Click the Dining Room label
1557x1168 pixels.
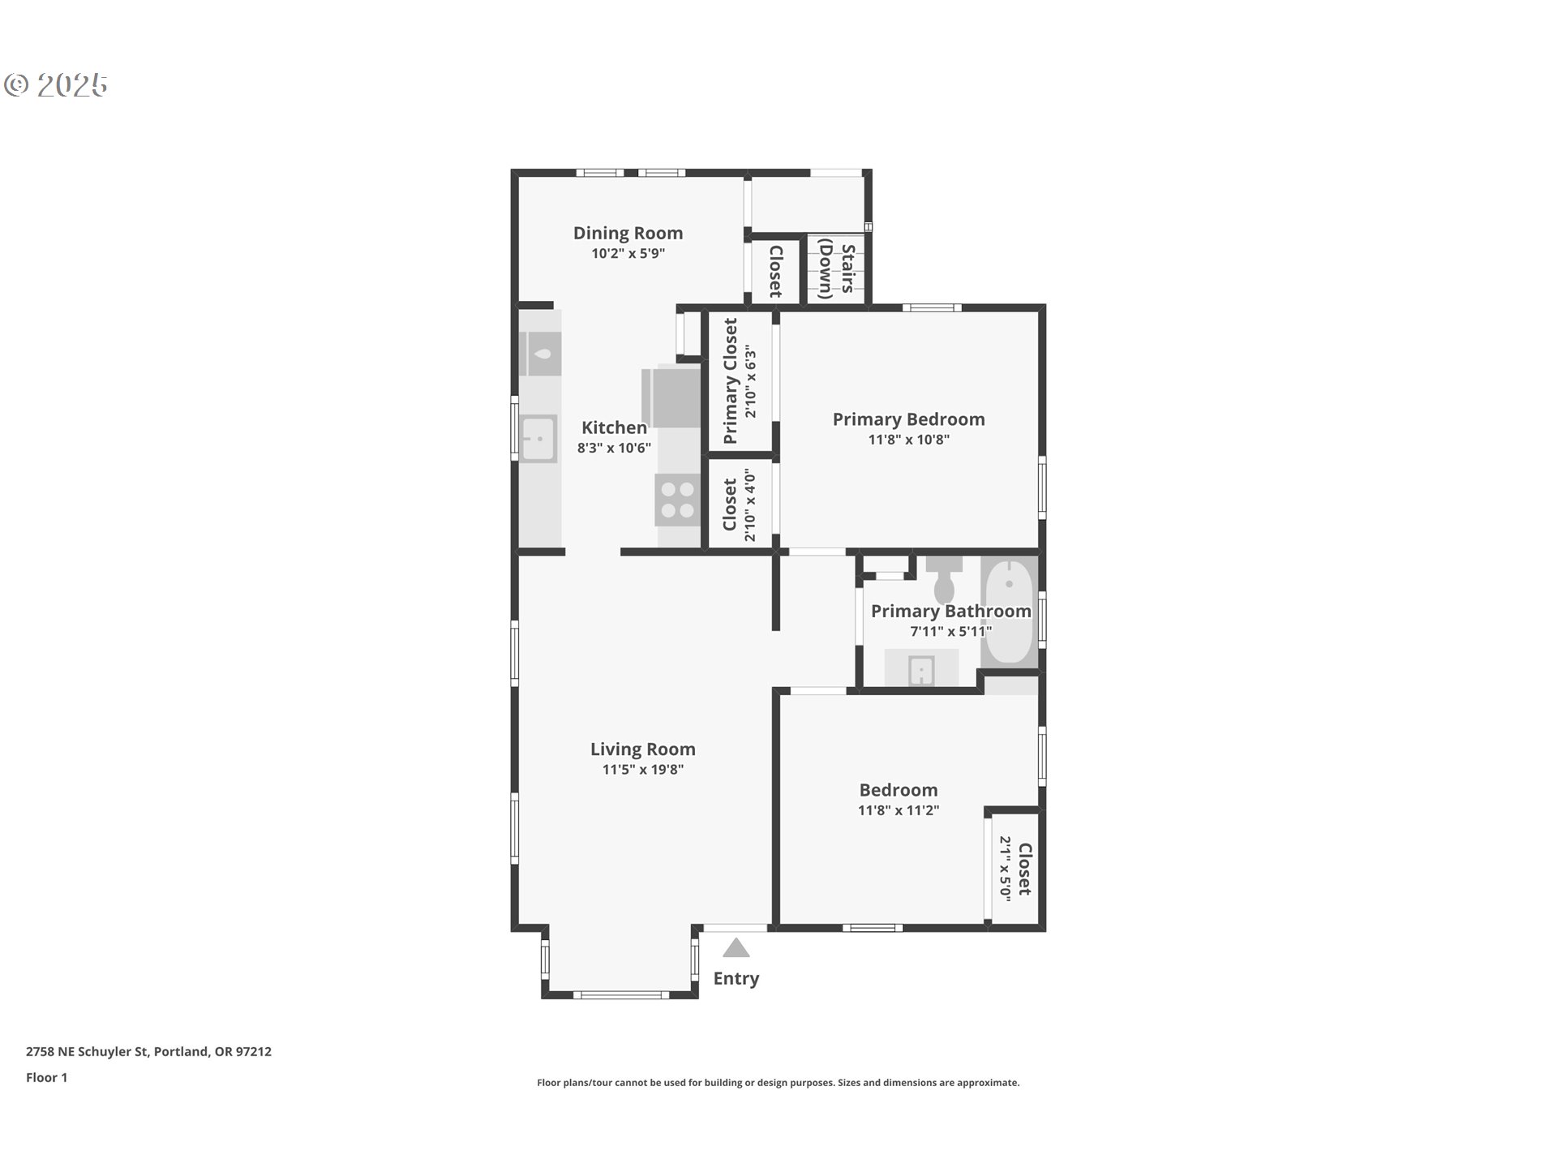(628, 234)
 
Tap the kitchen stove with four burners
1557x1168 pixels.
(678, 500)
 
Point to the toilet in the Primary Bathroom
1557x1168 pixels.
(944, 578)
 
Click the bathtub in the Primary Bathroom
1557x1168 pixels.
(1010, 612)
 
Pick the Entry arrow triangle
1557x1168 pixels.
(736, 947)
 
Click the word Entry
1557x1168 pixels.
(736, 979)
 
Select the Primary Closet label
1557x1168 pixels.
(731, 380)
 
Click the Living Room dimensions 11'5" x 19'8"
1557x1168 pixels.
(643, 770)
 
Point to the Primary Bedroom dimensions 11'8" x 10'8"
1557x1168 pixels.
(909, 440)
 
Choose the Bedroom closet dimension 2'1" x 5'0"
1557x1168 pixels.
(1005, 869)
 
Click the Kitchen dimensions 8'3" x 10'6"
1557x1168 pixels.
(614, 448)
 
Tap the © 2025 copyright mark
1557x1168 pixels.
(56, 85)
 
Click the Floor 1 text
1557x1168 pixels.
(46, 1077)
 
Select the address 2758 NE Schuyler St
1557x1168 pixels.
(87, 1052)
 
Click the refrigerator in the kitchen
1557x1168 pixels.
(671, 397)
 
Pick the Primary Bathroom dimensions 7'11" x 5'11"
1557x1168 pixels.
(950, 632)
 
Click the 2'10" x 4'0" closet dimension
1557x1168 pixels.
(750, 508)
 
